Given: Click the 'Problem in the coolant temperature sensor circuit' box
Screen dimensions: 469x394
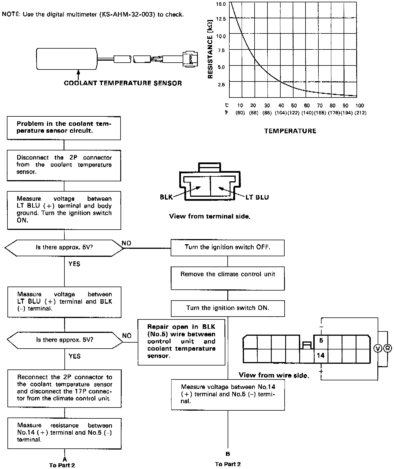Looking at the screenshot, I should coord(64,128).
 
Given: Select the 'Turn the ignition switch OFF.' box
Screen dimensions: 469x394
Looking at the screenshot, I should coord(227,247).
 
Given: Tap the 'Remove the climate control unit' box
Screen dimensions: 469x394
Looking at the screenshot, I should coord(228,278).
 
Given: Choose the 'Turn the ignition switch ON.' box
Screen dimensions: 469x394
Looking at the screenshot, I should coord(228,308).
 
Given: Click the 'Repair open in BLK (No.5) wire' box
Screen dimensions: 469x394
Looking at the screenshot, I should coord(181,341).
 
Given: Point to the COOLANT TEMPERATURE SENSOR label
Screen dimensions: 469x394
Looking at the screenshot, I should coord(123,83).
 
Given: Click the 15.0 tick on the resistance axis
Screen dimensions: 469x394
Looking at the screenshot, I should coord(221,4).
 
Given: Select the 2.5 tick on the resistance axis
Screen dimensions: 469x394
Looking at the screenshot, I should coord(221,85).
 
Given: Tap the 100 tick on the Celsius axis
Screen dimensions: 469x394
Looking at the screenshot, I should coord(359,106).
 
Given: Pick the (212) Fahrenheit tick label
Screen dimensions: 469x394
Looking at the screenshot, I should coord(360,113).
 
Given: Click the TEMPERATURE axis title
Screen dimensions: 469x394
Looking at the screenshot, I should coord(290,131).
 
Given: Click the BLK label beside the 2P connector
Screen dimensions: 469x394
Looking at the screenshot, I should coord(166,197).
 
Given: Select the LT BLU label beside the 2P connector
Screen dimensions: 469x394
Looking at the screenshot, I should coord(257,197).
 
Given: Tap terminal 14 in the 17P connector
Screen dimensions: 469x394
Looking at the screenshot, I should coord(321,355).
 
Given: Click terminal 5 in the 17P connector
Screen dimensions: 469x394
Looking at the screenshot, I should coord(321,340).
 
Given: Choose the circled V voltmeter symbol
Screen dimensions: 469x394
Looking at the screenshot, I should coord(378,348).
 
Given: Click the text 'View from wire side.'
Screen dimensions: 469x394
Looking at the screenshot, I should coord(274,375).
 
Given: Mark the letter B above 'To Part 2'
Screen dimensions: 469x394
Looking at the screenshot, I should coord(228,454).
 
